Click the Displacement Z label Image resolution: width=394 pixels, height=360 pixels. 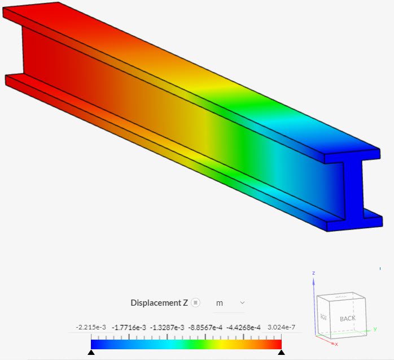pos(159,303)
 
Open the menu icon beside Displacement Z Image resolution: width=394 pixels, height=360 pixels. pos(195,302)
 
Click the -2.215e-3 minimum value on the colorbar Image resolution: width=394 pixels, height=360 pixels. pos(91,327)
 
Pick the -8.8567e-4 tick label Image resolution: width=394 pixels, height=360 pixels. pos(205,327)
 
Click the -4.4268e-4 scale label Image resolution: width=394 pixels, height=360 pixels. pos(243,327)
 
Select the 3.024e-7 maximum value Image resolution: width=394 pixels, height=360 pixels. pos(281,327)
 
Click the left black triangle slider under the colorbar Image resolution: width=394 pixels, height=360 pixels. pos(91,352)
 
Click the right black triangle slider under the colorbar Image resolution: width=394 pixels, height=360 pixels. pos(281,352)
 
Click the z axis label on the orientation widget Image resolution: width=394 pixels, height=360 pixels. pos(313,273)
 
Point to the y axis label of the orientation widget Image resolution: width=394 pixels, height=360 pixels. pos(375,328)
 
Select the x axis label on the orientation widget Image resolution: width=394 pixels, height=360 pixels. pos(336,344)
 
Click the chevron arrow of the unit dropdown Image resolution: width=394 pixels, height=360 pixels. pos(242,303)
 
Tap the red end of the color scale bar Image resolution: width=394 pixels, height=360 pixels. pos(277,344)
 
